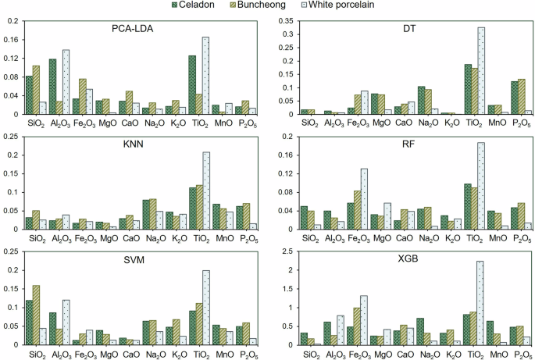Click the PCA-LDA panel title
coord(133,29)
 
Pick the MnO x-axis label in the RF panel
coord(494,237)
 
